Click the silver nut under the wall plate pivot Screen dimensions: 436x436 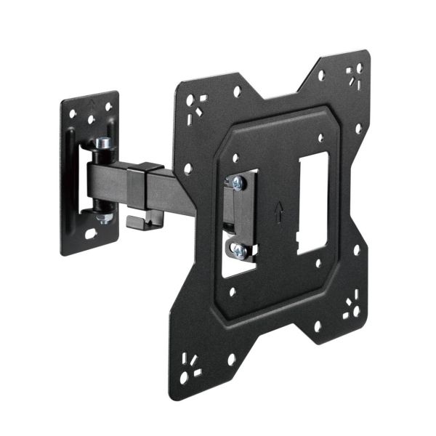coord(104,216)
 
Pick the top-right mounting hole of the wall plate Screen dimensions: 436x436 coord(109,106)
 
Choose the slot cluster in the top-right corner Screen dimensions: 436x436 coord(355,74)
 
